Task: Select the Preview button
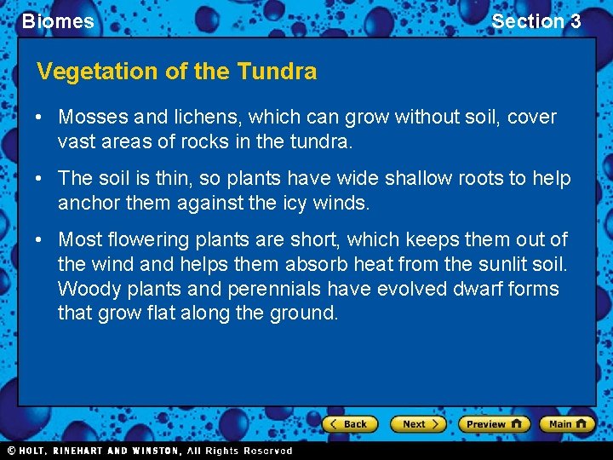[x=494, y=424]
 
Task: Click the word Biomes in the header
[x=58, y=21]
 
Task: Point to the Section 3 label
[x=536, y=21]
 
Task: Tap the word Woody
[x=85, y=289]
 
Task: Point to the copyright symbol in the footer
[x=12, y=451]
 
